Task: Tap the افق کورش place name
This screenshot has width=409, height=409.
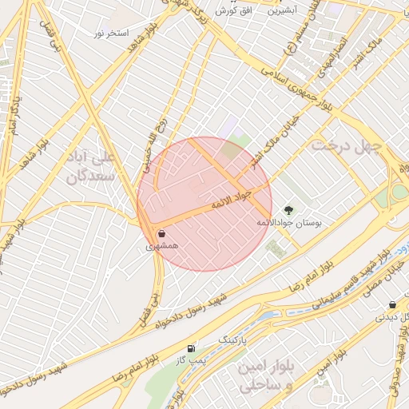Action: [x=234, y=11]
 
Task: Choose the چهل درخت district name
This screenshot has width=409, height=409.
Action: [x=342, y=146]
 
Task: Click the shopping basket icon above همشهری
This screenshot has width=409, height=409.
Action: [x=162, y=234]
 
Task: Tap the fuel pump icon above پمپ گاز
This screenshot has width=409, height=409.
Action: [x=190, y=348]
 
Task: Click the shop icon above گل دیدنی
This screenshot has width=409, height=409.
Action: [x=392, y=304]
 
